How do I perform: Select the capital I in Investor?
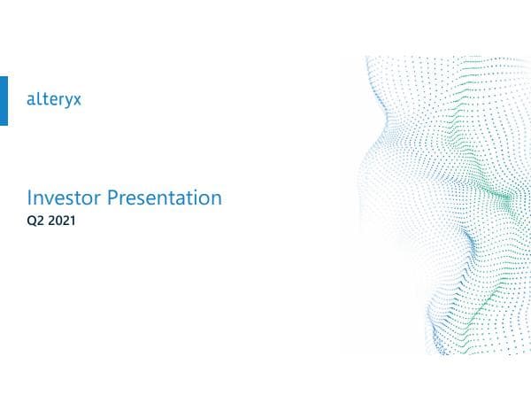30,198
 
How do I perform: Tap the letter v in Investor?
49,198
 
